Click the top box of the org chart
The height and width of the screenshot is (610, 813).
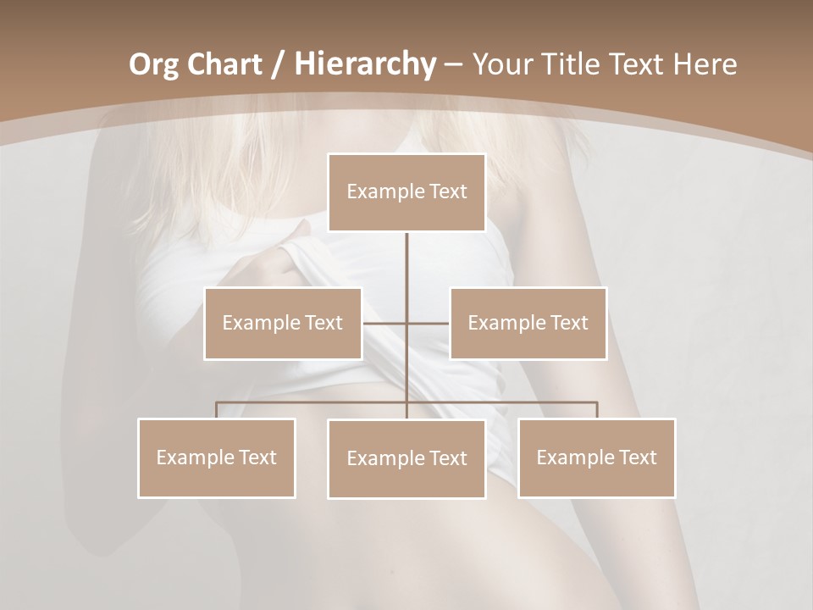point(406,192)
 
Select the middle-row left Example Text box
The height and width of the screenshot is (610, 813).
point(283,323)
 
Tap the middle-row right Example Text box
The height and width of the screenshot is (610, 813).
point(528,323)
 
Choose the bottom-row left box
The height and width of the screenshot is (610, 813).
point(217,457)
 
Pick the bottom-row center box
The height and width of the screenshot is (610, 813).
point(406,458)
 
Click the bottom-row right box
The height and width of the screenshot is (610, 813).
point(596,457)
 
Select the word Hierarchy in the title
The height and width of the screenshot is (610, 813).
point(364,64)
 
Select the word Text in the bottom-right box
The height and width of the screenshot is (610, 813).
point(636,457)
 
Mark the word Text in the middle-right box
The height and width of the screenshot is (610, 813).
point(567,323)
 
